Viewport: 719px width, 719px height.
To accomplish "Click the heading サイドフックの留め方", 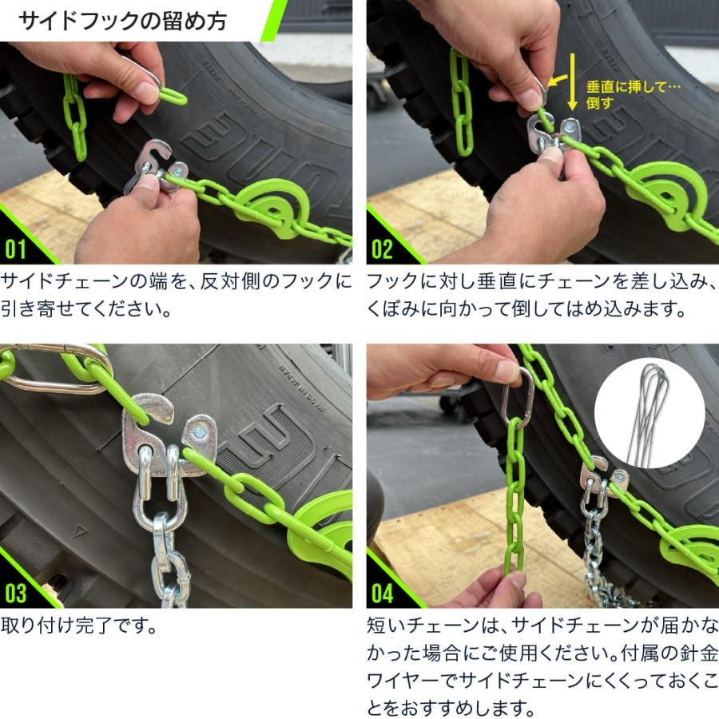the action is (122, 21).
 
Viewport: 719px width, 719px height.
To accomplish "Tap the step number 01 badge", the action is (15, 249).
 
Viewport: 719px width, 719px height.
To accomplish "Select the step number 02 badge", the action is (382, 249).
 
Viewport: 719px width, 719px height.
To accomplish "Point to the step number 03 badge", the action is (16, 593).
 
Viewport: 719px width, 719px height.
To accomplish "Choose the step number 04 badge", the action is (383, 593).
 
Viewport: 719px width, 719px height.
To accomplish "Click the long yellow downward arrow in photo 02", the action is (572, 81).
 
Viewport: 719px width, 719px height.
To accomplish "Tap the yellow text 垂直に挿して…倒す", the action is (633, 95).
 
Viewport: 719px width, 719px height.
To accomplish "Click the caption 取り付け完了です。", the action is (79, 626).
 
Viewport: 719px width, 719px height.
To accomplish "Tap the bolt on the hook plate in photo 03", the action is (200, 431).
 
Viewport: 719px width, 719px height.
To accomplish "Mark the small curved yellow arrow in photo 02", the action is (557, 81).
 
